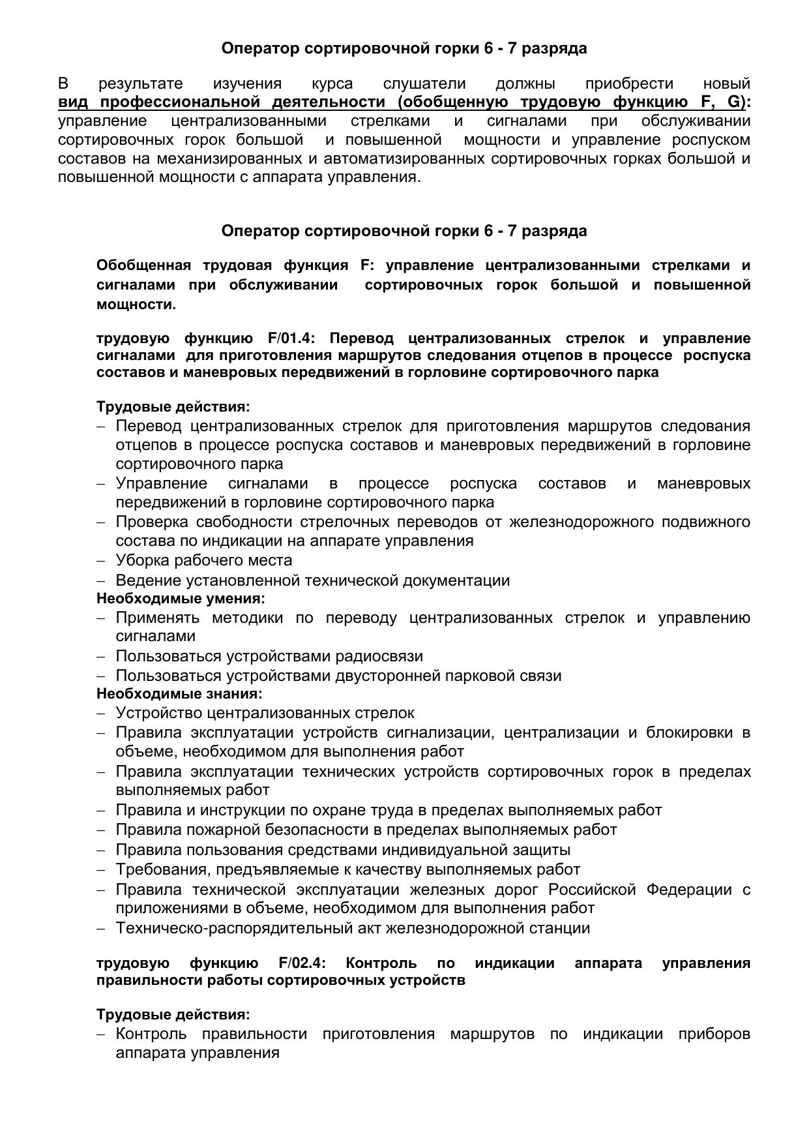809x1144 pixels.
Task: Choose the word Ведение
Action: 145,580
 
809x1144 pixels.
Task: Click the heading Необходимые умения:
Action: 181,598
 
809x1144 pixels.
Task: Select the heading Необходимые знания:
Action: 179,693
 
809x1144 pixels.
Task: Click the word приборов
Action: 714,1034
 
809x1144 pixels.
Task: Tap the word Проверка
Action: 148,522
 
